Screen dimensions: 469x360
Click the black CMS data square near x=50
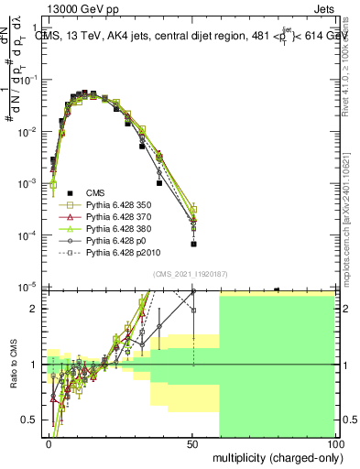[x=193, y=244]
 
